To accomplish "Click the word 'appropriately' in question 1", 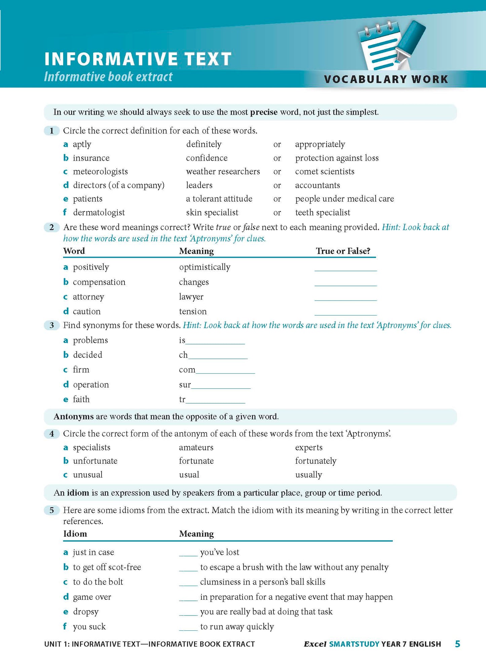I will pyautogui.click(x=320, y=144).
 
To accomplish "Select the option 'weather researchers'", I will pyautogui.click(x=223, y=171).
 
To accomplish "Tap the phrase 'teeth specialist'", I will pyautogui.click(x=323, y=212).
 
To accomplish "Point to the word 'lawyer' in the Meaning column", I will pyautogui.click(x=191, y=297).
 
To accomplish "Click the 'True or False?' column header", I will pyautogui.click(x=343, y=251).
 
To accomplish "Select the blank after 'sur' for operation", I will pyautogui.click(x=221, y=386).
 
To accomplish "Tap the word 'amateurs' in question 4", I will pyautogui.click(x=196, y=448).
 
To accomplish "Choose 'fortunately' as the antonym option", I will pyautogui.click(x=315, y=461).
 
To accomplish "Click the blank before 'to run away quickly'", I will pyautogui.click(x=188, y=627).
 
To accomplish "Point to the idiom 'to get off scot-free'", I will pyautogui.click(x=107, y=567).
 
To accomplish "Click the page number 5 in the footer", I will pyautogui.click(x=457, y=644).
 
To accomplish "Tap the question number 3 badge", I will pyautogui.click(x=52, y=325).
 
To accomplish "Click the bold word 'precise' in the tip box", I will pyautogui.click(x=264, y=112).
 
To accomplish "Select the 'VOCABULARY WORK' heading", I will pyautogui.click(x=386, y=79).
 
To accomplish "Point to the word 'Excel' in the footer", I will pyautogui.click(x=315, y=644).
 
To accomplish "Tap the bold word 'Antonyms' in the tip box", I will pyautogui.click(x=74, y=417).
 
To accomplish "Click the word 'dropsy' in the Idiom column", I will pyautogui.click(x=86, y=612).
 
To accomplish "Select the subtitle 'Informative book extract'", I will pyautogui.click(x=108, y=77).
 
